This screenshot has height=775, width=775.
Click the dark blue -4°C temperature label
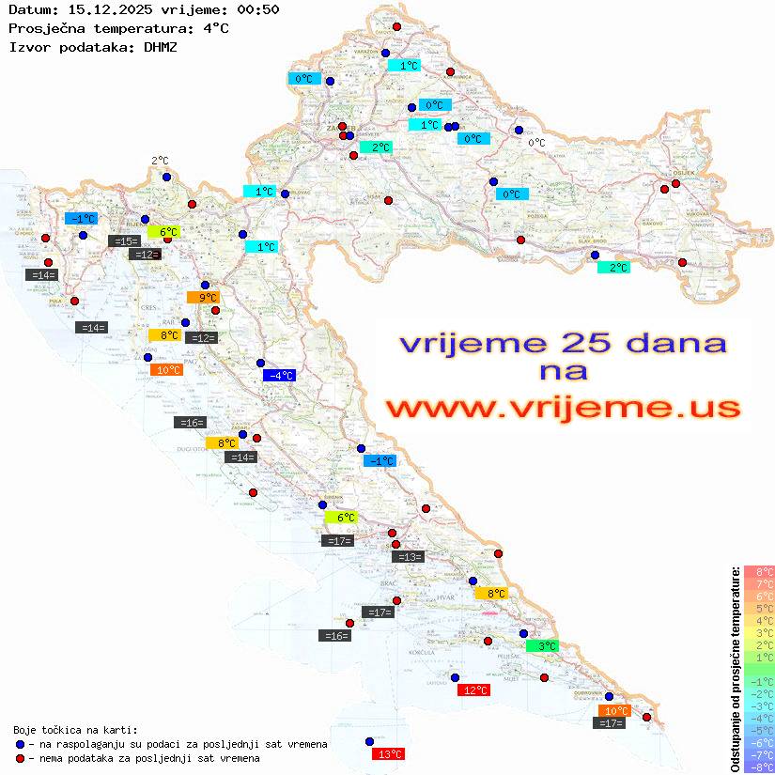coord(279,376)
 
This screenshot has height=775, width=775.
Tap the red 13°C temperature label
coord(389,753)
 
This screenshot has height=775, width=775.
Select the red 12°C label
coord(473,690)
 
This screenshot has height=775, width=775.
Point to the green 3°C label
coord(546,645)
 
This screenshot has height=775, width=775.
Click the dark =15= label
coord(125,241)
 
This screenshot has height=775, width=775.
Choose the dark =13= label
coord(409,557)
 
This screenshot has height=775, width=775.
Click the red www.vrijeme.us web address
coord(562,409)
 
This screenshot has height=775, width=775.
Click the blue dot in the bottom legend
coord(20,744)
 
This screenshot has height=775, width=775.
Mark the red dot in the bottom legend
coord(20,758)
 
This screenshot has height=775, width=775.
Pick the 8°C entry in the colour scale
coord(759,571)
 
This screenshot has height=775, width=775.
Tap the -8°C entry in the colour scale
coord(758,767)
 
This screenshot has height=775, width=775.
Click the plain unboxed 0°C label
coord(536,143)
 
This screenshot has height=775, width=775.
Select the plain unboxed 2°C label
coord(160,161)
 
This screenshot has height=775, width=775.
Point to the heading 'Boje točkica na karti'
coord(75,730)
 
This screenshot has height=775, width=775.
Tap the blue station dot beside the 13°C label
coord(369,741)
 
